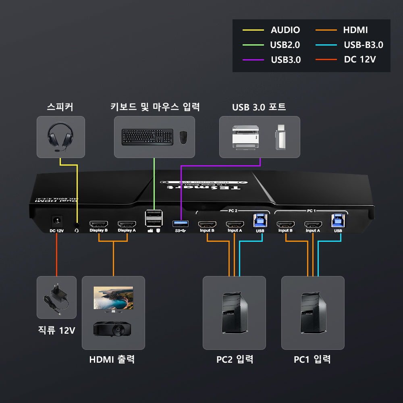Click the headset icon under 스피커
tap(60, 137)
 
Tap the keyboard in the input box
tap(147, 137)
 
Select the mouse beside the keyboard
tap(183, 137)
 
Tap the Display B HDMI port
tap(98, 224)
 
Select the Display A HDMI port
tap(127, 224)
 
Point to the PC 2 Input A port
tap(235, 224)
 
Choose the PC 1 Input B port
tap(285, 224)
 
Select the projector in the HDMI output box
tap(112, 329)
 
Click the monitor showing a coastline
tap(113, 299)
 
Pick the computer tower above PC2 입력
tap(234, 313)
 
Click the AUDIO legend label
tap(285, 30)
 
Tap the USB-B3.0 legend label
tap(364, 45)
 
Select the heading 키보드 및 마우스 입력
tap(155, 107)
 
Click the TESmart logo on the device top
tap(204, 186)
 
